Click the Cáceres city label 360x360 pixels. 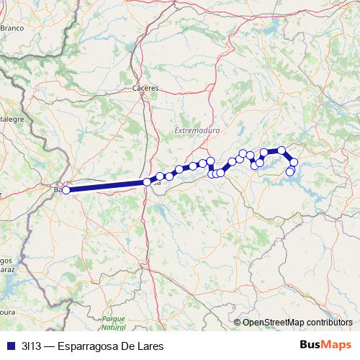[x=145, y=88]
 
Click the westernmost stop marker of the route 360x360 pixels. [x=66, y=190]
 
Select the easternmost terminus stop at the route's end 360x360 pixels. [x=290, y=171]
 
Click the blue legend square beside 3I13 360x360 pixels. [x=10, y=346]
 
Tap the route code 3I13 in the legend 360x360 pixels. [x=31, y=346]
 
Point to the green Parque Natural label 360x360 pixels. [x=113, y=322]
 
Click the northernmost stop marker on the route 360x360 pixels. [x=282, y=150]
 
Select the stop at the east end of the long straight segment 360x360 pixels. [x=148, y=182]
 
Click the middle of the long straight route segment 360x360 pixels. [x=107, y=186]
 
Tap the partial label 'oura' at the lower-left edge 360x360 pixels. [x=7, y=313]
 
